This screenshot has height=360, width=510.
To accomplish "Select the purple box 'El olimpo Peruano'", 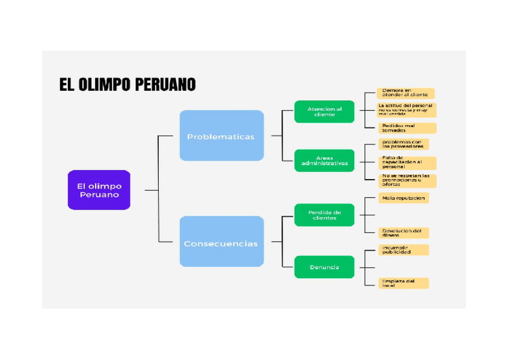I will [99, 190].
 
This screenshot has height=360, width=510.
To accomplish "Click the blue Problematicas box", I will [221, 136].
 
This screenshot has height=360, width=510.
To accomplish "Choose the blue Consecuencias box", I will [221, 242].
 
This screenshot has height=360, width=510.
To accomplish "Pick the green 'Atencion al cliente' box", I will [324, 112].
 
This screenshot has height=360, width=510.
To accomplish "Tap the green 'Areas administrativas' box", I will [324, 160].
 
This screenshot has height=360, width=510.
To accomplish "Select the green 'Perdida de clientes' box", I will [324, 215].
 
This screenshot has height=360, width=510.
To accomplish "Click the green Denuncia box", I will [324, 267].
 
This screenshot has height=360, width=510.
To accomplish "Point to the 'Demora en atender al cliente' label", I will [405, 93].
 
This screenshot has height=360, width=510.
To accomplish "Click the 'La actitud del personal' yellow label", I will [406, 110].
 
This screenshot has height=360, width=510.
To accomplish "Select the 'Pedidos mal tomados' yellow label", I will [406, 128].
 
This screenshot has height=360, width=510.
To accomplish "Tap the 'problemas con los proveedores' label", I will [403, 144].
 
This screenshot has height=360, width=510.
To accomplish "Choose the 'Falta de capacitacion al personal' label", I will [406, 163].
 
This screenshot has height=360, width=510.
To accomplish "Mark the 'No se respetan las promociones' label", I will [406, 180].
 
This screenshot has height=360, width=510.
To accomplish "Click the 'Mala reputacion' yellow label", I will [403, 198].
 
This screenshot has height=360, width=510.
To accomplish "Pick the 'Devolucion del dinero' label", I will [403, 233].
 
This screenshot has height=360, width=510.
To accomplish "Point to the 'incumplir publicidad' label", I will [403, 249].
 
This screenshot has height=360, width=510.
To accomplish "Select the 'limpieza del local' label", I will [403, 283].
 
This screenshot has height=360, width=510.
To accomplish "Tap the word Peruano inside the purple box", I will [99, 195].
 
